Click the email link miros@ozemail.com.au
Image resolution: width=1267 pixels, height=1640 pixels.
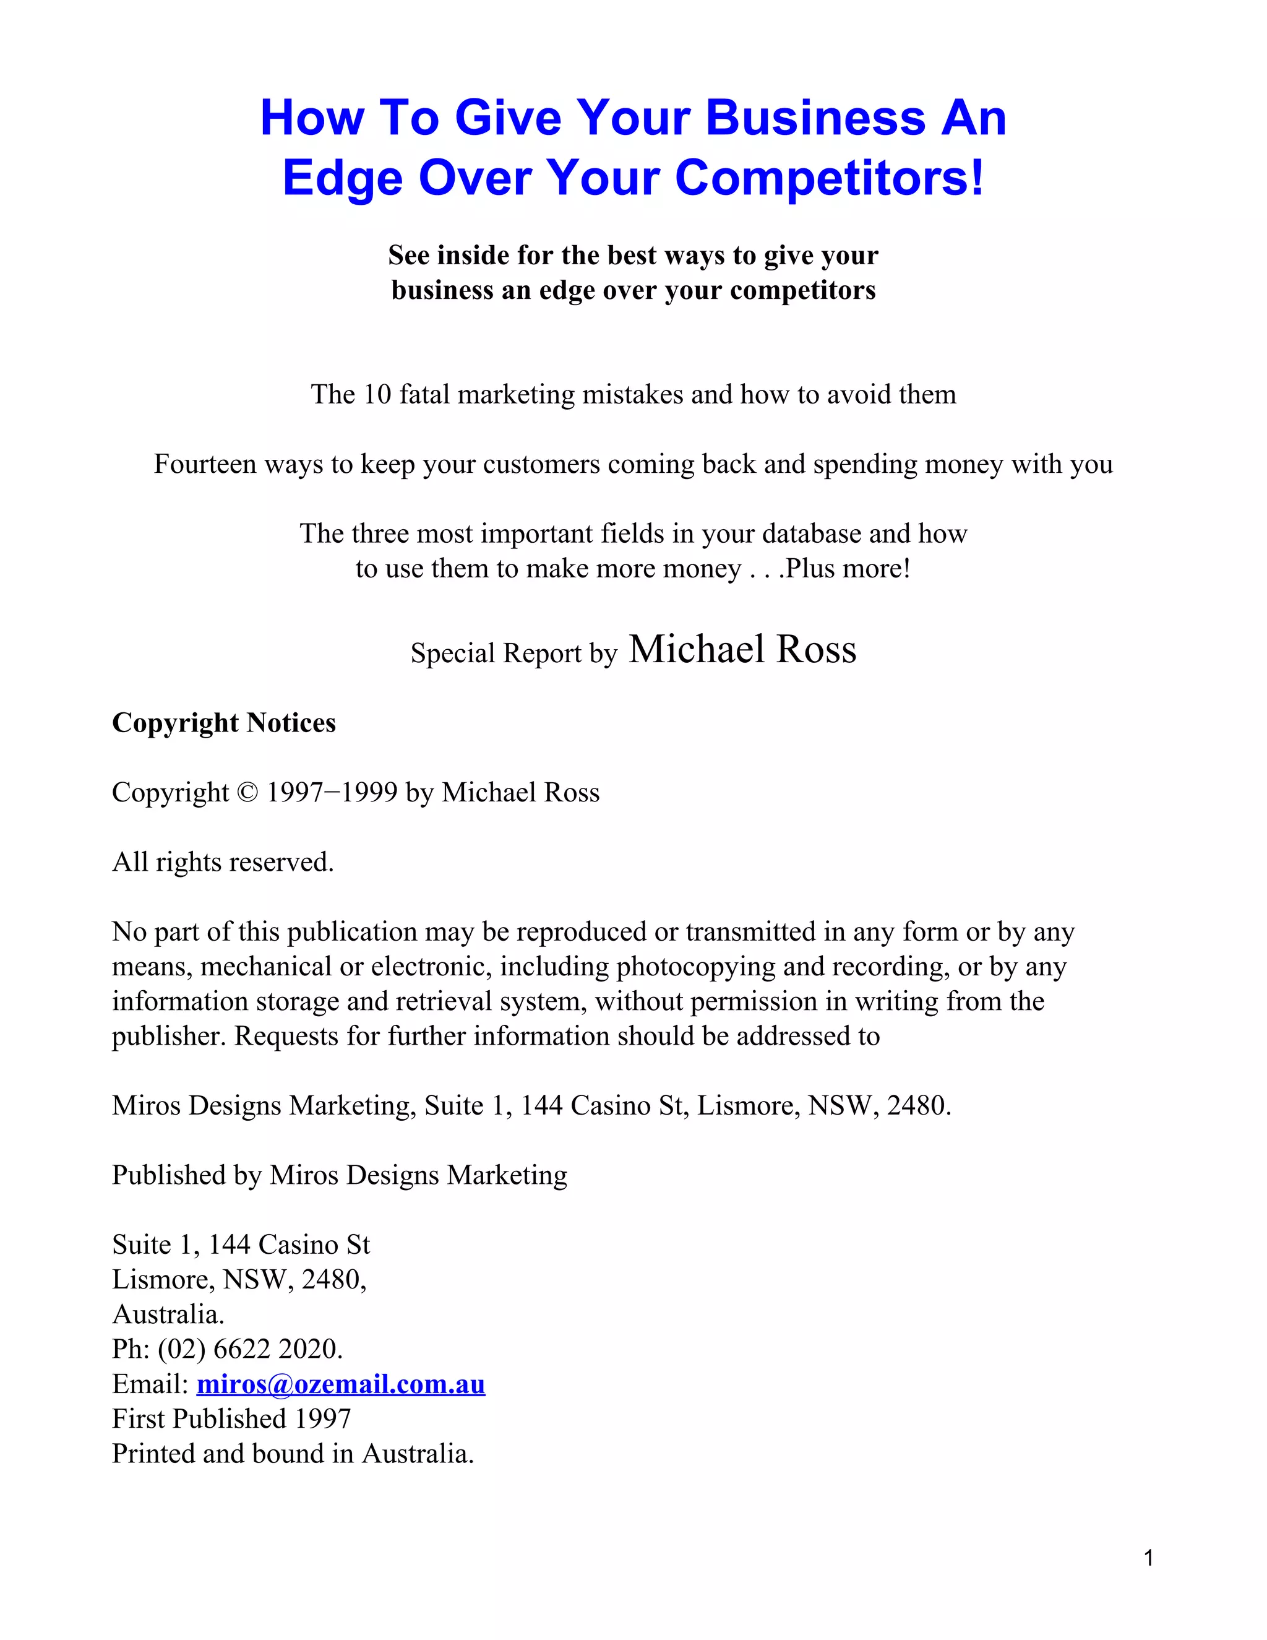point(341,1383)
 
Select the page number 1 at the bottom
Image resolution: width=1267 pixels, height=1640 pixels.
point(1148,1558)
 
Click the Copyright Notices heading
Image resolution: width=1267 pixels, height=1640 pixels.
point(224,722)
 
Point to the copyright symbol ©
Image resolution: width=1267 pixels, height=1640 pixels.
point(247,793)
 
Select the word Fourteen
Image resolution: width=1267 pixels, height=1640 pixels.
point(205,464)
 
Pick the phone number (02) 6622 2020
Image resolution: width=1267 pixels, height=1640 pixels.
point(250,1349)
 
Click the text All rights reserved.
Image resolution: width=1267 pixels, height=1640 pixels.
point(223,862)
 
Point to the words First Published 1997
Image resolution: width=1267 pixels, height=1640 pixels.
point(231,1418)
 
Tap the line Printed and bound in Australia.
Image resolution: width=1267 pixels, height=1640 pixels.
point(293,1453)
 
